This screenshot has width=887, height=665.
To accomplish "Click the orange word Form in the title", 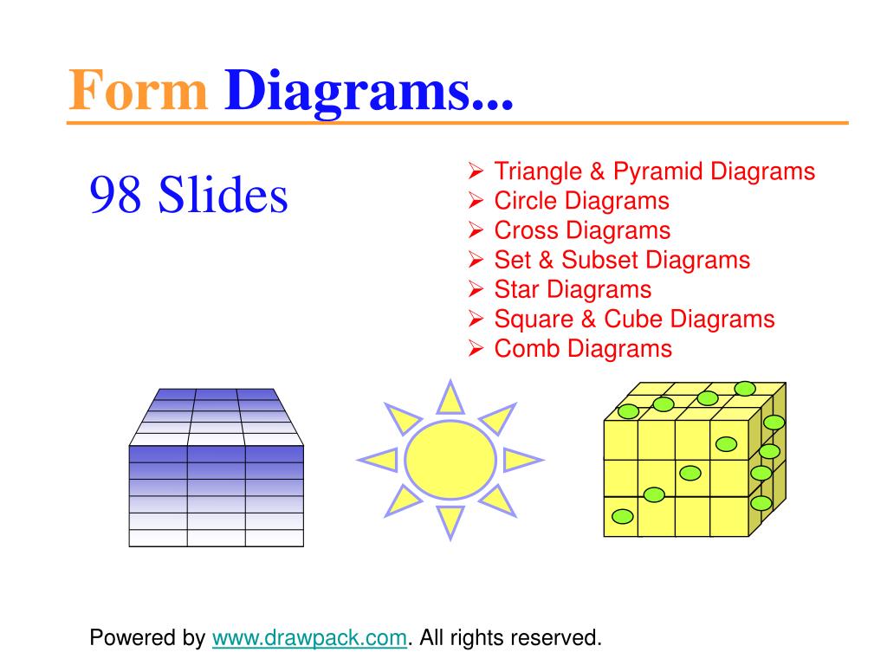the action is coord(138,90).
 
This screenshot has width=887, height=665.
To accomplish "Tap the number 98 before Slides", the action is coord(115,194).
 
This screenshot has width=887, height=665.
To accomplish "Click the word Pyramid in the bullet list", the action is coord(658,172).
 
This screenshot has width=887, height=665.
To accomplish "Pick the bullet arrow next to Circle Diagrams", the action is coord(476,200).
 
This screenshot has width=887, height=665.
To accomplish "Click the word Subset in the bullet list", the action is coord(600,260).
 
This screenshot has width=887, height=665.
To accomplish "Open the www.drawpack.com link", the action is coord(309,638).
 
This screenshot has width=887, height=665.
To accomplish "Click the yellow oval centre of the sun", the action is coord(450,459).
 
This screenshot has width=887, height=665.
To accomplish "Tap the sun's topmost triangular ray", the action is coord(450,398).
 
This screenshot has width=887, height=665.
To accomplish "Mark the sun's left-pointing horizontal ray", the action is coord(379,460).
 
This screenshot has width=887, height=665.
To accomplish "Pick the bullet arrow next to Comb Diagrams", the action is coord(476,348).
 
